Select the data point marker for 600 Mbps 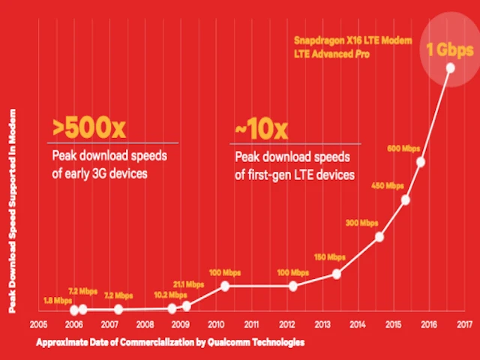pyautogui.click(x=421, y=162)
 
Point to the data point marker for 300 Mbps pyautogui.click(x=379, y=237)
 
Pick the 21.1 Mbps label pyautogui.click(x=189, y=284)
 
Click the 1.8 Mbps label pyautogui.click(x=53, y=300)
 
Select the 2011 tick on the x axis pyautogui.click(x=252, y=325)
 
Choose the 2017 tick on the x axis pyautogui.click(x=463, y=325)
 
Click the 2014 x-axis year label pyautogui.click(x=358, y=325)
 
